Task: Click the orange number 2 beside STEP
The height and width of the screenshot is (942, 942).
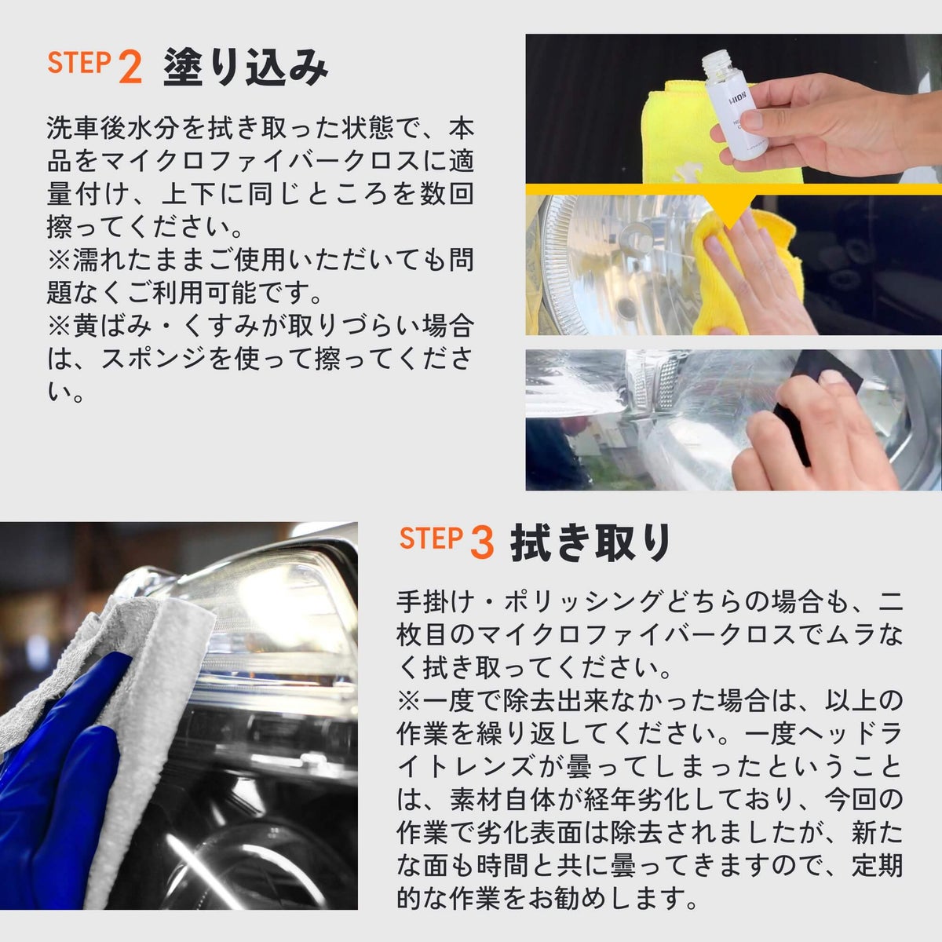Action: pyautogui.click(x=130, y=67)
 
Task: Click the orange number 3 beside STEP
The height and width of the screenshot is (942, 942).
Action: pyautogui.click(x=481, y=542)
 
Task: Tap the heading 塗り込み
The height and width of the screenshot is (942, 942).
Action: pyautogui.click(x=246, y=67)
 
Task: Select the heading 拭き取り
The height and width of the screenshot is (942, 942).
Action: pyautogui.click(x=590, y=542)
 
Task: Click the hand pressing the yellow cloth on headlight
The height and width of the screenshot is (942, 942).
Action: pyautogui.click(x=762, y=274)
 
